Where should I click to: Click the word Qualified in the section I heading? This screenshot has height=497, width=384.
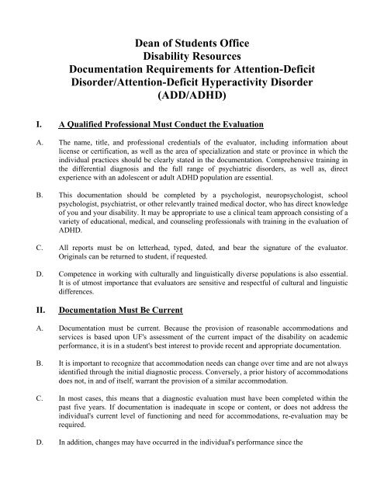pos(91,124)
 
